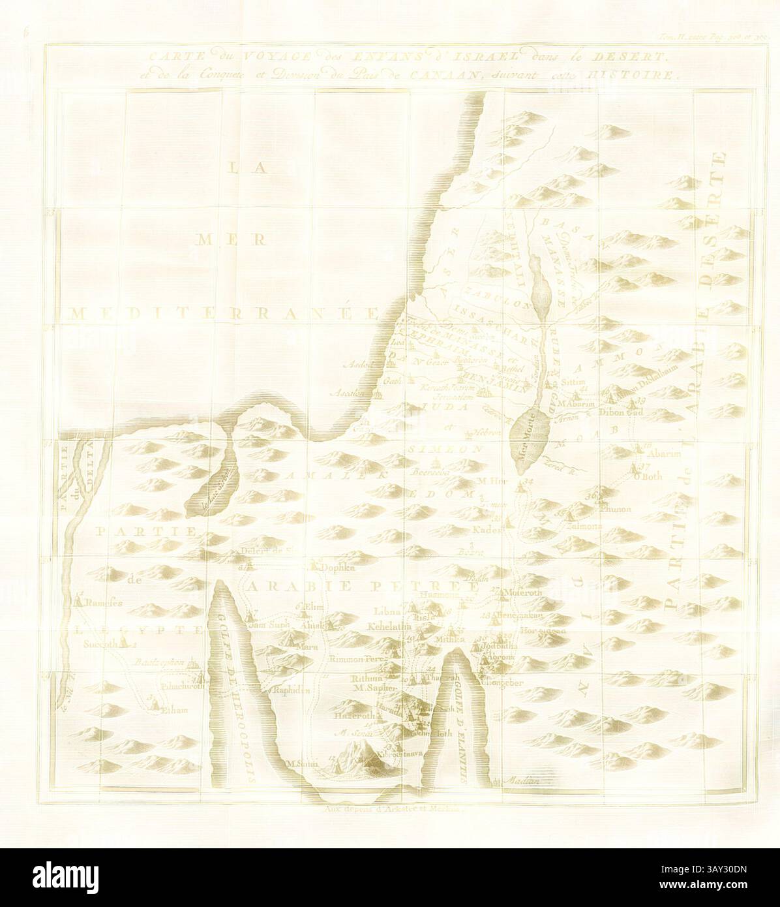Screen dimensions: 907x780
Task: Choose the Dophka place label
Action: [x=337, y=568]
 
